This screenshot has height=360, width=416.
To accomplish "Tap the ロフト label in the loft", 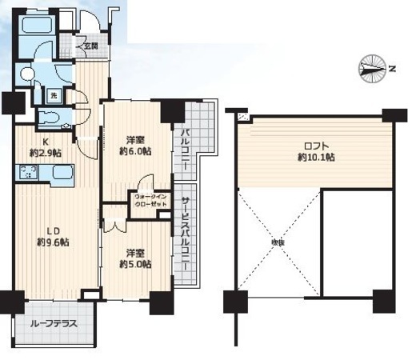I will [315, 146].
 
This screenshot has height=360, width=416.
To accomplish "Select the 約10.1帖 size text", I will [315, 158].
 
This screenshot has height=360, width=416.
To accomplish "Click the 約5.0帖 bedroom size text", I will [134, 265].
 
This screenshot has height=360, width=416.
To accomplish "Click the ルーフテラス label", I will [51, 326].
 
